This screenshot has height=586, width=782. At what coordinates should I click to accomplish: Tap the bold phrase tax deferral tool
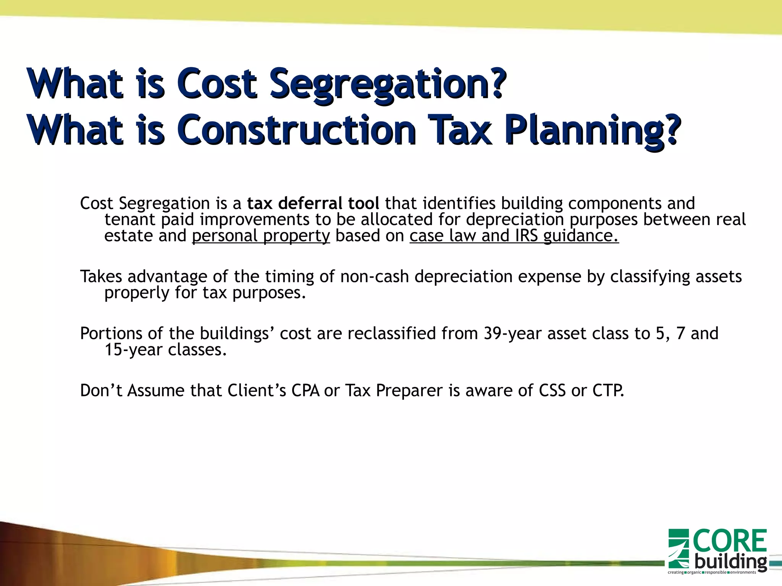pos(313,203)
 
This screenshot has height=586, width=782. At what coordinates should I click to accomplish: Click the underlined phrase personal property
pos(261,236)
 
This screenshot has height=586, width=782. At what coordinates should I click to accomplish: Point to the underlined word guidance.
pos(580,236)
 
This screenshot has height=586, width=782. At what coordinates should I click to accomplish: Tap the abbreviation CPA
pos(305,391)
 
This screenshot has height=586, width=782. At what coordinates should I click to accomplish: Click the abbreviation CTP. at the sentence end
pos(608,391)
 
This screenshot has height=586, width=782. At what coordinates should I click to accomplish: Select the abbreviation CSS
pos(552,391)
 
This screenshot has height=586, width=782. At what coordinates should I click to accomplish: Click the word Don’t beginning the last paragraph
pos(101,391)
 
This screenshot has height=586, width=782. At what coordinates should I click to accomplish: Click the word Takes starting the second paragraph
pos(101,277)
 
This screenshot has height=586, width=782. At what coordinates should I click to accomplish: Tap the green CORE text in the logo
pos(729,541)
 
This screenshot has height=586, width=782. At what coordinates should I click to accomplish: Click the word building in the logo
pos(730,562)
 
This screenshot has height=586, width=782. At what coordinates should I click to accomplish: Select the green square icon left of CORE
pos(679,549)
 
